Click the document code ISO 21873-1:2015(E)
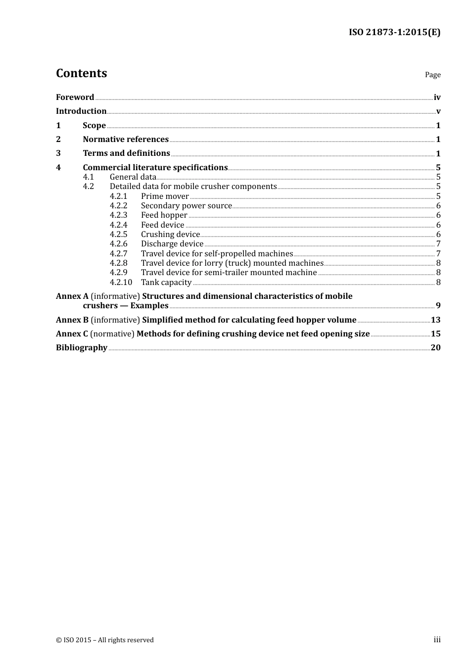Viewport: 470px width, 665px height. [x=394, y=32]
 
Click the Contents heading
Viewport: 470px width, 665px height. [x=81, y=73]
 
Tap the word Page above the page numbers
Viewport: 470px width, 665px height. [x=432, y=75]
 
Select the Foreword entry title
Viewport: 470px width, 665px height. [x=75, y=97]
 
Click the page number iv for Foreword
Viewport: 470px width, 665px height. [x=437, y=97]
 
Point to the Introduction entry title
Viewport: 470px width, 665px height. [x=81, y=111]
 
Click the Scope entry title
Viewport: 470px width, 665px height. [x=94, y=126]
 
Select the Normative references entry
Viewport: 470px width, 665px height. [x=126, y=140]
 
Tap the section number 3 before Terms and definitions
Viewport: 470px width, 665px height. [x=58, y=153]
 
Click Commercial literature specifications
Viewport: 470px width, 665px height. [x=155, y=168]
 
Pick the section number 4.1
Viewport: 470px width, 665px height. [x=88, y=177]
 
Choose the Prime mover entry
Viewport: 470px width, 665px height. [x=165, y=196]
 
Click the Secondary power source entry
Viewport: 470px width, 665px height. [x=186, y=206]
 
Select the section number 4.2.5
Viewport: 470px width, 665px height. [x=118, y=235]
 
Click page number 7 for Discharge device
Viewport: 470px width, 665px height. [x=438, y=244]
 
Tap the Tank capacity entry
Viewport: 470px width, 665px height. [x=166, y=283]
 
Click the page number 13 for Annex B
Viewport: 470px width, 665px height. [x=435, y=320]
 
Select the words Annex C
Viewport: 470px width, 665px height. [x=72, y=334]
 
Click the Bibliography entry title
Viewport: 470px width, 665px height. [x=82, y=348]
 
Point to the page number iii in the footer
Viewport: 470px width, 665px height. [x=437, y=640]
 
